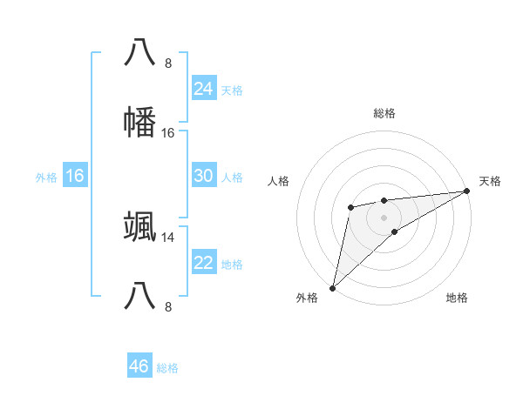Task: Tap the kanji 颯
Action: coord(140,227)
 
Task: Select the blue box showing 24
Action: coord(203,88)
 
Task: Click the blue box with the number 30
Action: coord(203,176)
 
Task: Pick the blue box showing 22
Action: coord(203,263)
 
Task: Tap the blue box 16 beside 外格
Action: coord(74,176)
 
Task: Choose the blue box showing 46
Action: coord(139,366)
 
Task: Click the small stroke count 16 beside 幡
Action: coord(168,132)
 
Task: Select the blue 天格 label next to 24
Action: coord(232,90)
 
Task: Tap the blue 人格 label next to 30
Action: coord(232,178)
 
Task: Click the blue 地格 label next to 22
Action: coord(232,265)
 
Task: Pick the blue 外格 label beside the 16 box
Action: coord(46,178)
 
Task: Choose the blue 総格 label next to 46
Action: coord(167,368)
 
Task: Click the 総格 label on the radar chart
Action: coord(384,113)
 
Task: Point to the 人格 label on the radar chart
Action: coord(280,181)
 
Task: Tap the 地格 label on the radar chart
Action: coord(457,298)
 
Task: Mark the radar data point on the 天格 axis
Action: coord(466,191)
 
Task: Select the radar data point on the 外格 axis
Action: coord(332,287)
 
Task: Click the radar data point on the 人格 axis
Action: coord(350,206)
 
